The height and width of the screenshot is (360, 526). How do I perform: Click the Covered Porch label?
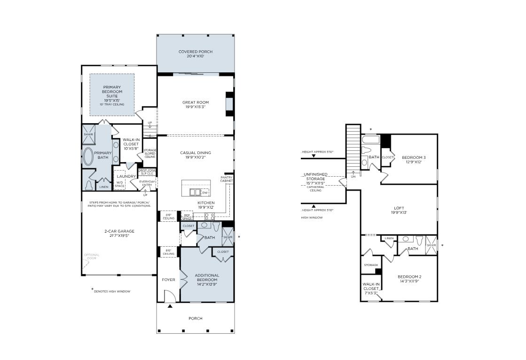[195, 52]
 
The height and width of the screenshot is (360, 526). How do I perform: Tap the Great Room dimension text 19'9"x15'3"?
[195, 107]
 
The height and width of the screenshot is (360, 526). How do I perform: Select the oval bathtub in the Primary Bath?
[88, 157]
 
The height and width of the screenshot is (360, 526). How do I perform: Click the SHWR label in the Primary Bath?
[88, 134]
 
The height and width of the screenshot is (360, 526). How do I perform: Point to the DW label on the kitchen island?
[204, 193]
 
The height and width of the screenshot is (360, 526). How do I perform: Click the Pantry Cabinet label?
[227, 179]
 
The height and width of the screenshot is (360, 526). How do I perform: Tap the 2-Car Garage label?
[119, 231]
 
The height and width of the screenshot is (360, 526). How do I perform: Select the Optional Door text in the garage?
[92, 257]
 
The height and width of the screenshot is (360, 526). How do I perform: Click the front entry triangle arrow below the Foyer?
[170, 306]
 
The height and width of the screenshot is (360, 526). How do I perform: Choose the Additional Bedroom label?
[207, 277]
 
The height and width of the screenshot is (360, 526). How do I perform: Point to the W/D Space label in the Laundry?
[120, 184]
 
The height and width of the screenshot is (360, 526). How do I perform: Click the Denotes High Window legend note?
[112, 291]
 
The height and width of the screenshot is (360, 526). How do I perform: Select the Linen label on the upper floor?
[389, 239]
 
